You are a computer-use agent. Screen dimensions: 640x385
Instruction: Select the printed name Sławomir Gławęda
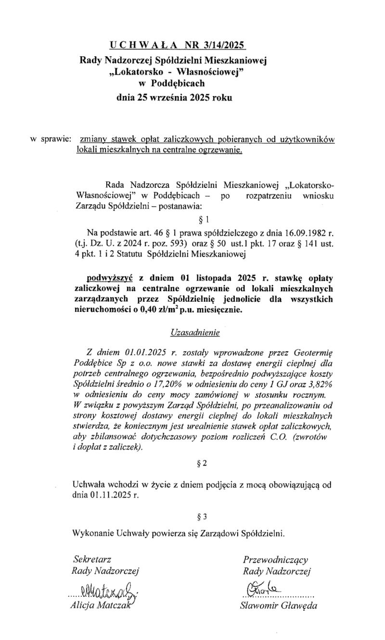[279, 605]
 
